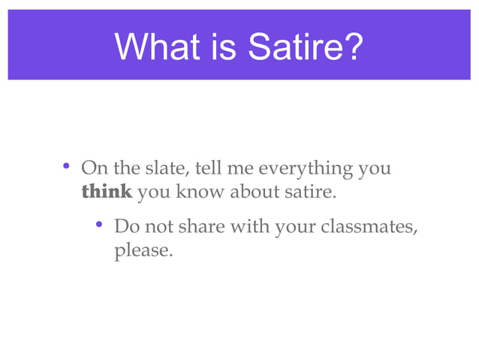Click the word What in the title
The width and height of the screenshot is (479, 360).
point(149,47)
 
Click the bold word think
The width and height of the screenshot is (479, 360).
point(107,192)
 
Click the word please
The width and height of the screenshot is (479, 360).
point(143,250)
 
